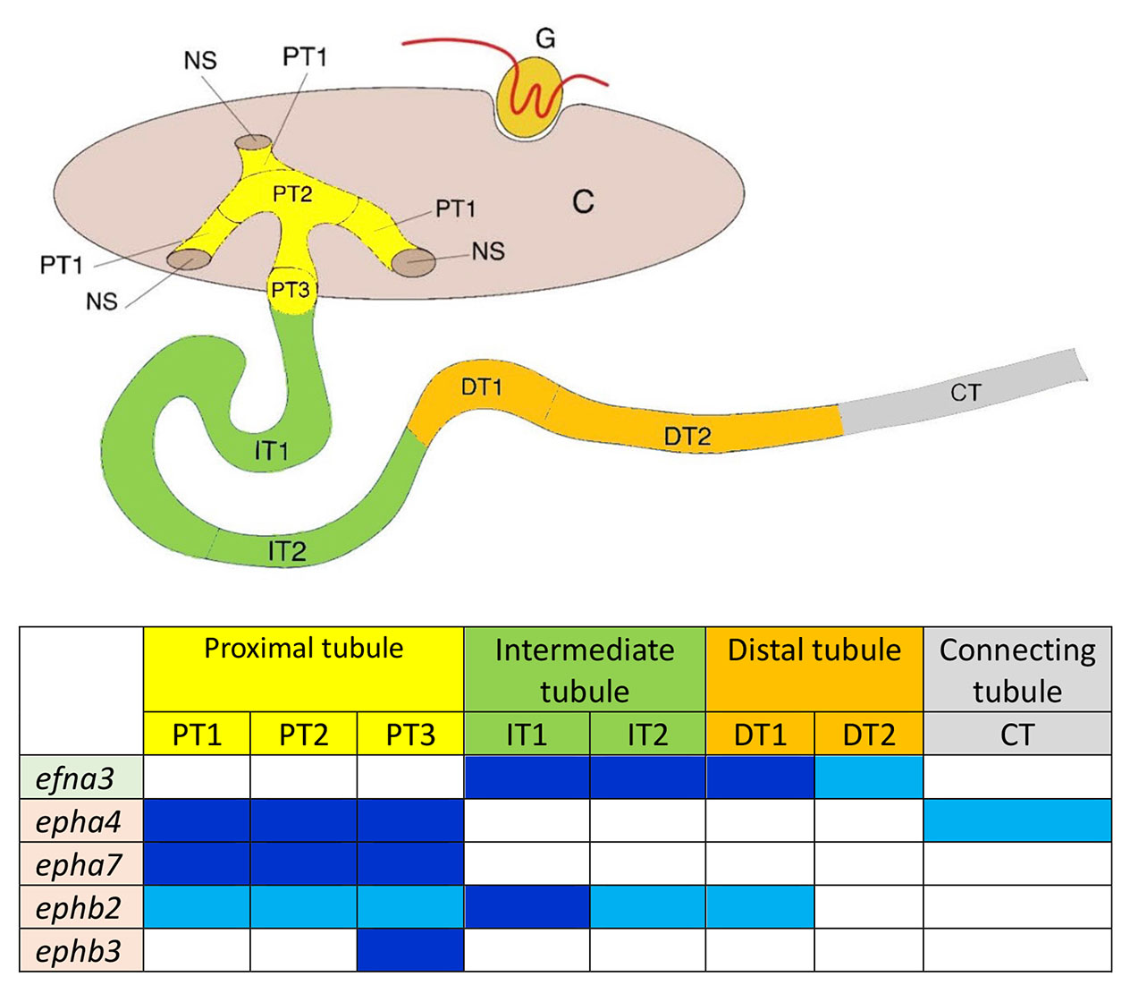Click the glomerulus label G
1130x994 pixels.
pos(545,38)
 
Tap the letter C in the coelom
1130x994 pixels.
pos(583,202)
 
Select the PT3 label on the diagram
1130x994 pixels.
pos(291,291)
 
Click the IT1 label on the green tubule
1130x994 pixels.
pos(272,450)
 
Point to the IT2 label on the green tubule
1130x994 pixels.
pos(287,551)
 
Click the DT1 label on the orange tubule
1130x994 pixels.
pos(482,387)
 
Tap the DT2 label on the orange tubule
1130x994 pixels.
pos(687,437)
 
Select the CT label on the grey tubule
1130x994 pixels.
pos(966,392)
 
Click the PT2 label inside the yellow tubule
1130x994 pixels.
pos(292,194)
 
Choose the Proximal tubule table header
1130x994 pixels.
pos(304,649)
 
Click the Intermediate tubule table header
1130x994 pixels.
pos(585,669)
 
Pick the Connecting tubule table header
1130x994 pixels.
pos(1017,669)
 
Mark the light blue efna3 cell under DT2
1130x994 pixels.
pos(869,777)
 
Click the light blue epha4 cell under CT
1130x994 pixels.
pos(1017,820)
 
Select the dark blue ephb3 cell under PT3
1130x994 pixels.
pos(410,950)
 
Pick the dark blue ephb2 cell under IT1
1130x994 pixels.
pos(527,907)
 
